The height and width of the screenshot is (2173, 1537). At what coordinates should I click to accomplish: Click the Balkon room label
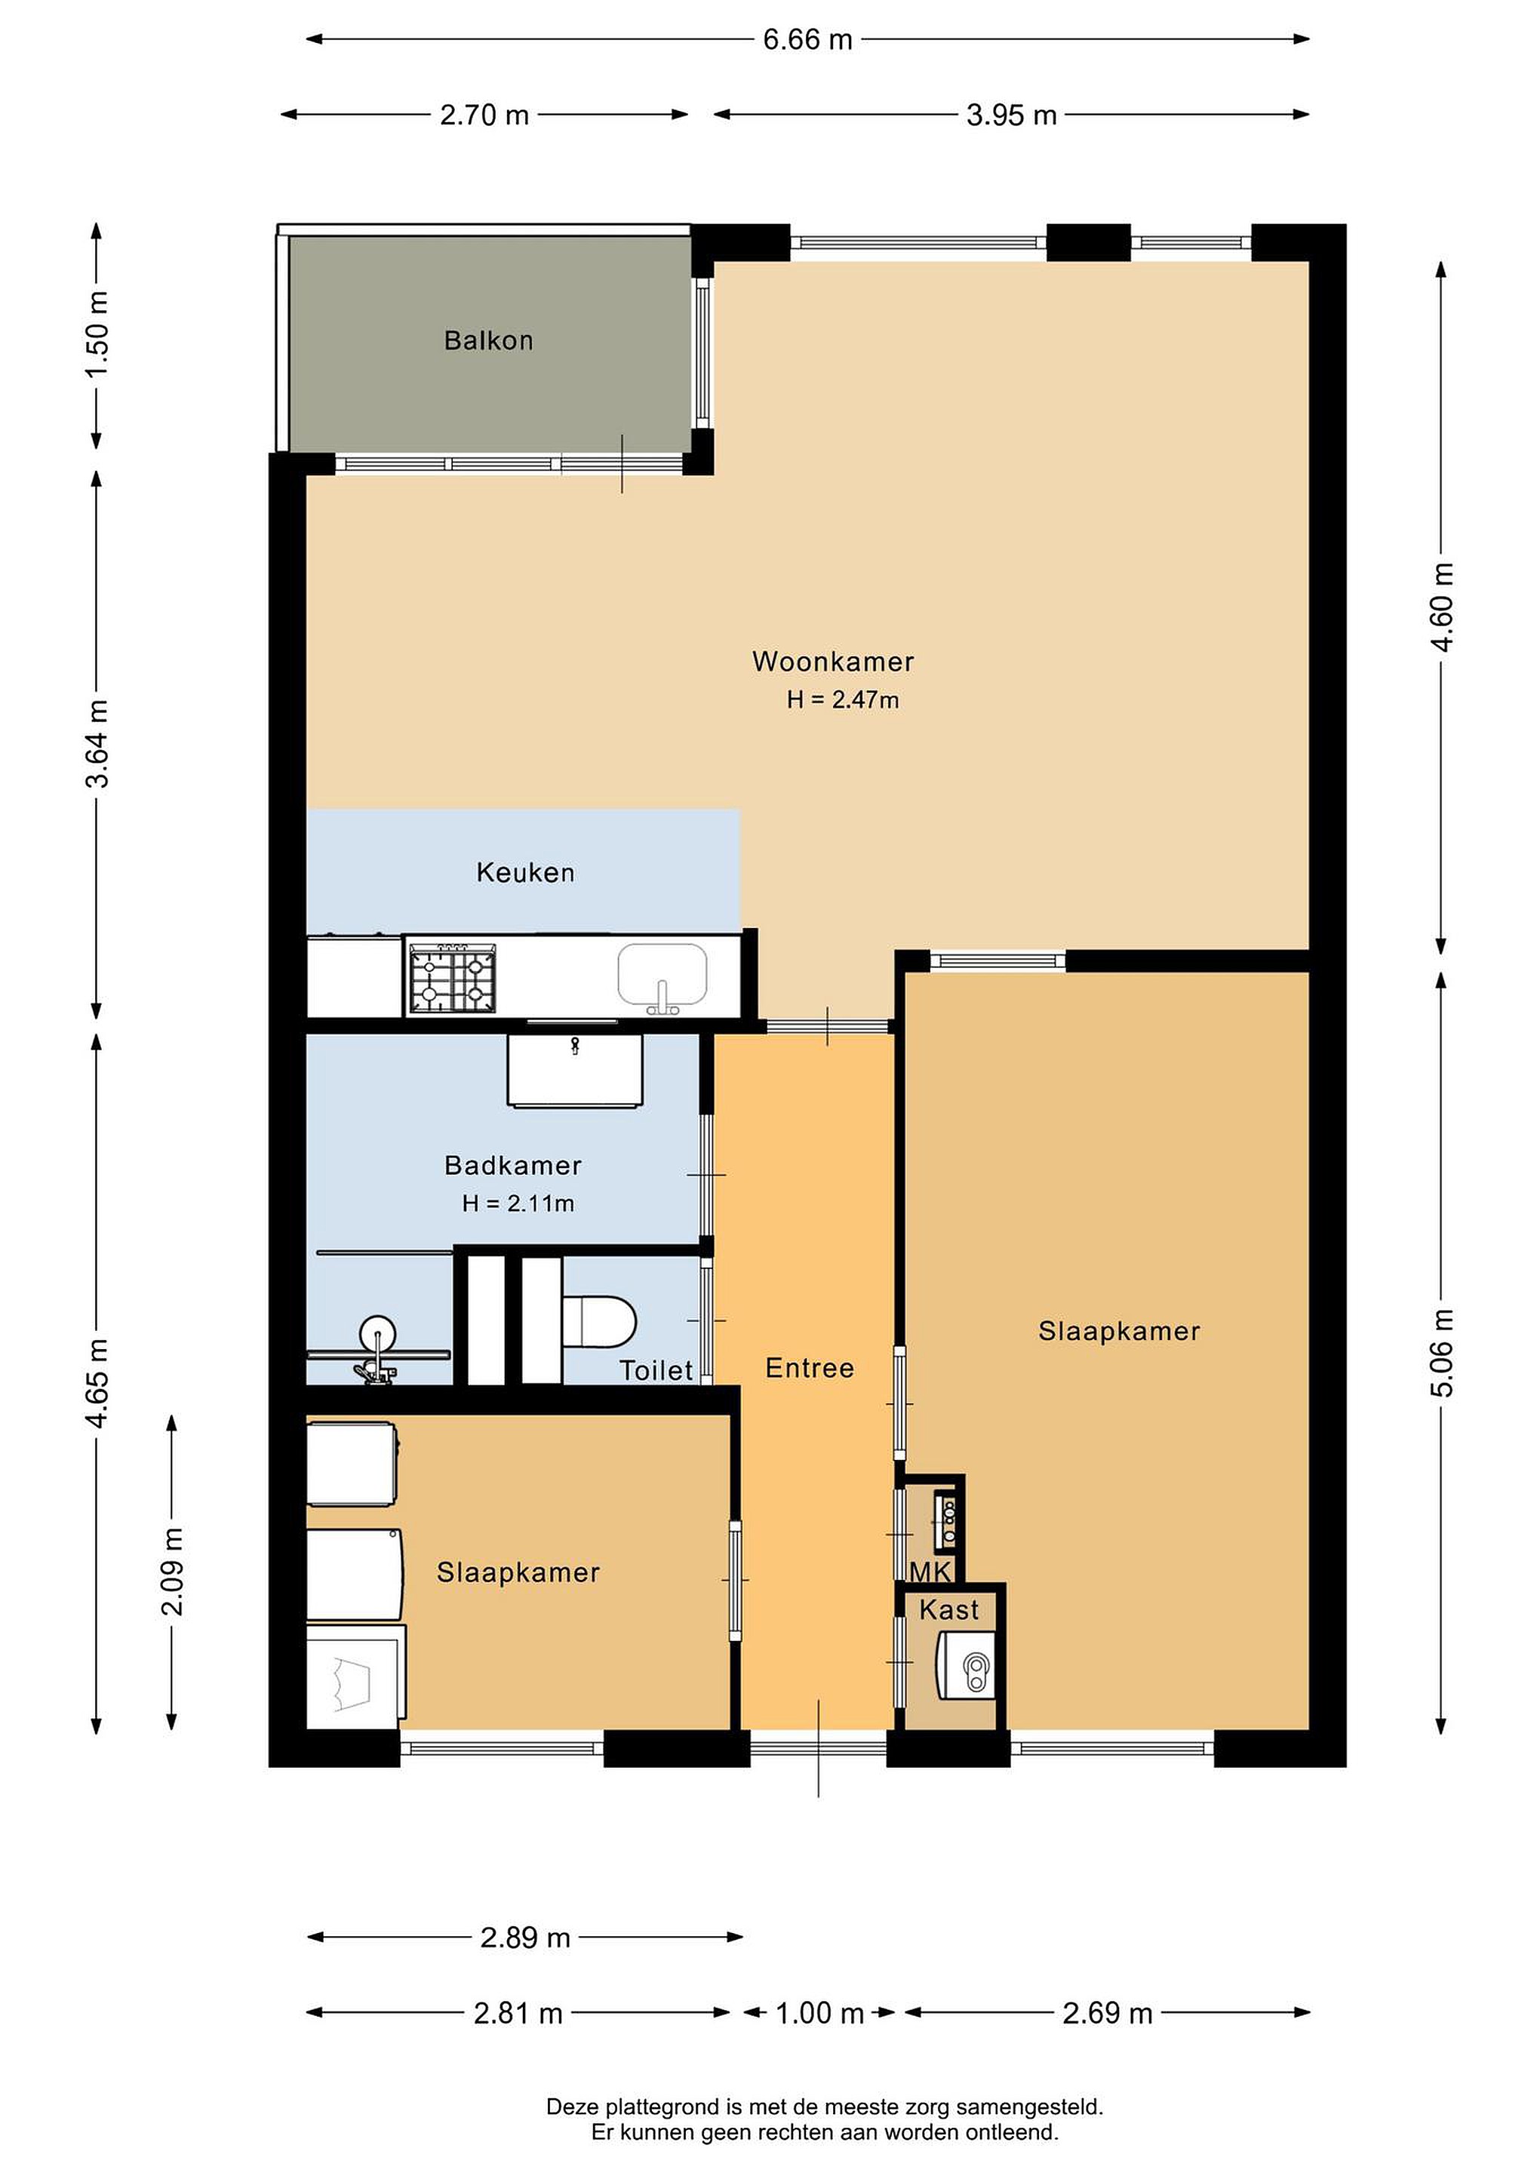[488, 341]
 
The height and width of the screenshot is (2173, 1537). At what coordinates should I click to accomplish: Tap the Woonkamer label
[833, 662]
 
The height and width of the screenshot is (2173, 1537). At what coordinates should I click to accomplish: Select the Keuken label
[525, 873]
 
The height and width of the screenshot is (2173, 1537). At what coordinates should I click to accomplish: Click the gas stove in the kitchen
[453, 978]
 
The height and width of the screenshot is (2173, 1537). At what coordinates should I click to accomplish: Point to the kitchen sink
[662, 976]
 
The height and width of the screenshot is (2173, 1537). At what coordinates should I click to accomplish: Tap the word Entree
[809, 1369]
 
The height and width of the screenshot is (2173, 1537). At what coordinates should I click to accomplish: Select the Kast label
[949, 1610]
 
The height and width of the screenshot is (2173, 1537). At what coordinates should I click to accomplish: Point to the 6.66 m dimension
[807, 40]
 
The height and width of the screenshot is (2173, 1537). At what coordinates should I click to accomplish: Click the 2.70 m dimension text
[484, 115]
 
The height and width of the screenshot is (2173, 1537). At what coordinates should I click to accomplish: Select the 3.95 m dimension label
[1011, 115]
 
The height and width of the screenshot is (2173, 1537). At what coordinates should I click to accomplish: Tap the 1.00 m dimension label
[819, 2013]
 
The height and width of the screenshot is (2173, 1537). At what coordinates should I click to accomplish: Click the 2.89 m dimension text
[525, 1938]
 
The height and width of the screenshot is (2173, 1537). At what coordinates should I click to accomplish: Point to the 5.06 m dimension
[1441, 1354]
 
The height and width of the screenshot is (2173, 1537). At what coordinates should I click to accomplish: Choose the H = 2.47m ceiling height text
[842, 700]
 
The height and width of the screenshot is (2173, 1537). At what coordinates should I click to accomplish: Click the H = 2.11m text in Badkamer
[518, 1204]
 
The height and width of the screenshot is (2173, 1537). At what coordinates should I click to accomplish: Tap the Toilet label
[656, 1370]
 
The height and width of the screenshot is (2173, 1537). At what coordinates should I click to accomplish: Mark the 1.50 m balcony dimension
[97, 333]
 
